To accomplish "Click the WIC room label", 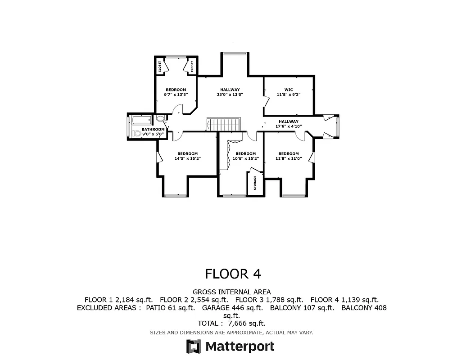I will pyautogui.click(x=289, y=90).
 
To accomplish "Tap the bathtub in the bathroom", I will pyautogui.click(x=141, y=120).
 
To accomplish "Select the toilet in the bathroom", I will pyautogui.click(x=137, y=134).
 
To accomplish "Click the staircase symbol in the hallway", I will pyautogui.click(x=224, y=125).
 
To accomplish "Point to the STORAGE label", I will pyautogui.click(x=255, y=183).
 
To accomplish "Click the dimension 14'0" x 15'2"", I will pyautogui.click(x=187, y=158).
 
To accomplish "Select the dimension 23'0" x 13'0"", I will pyautogui.click(x=230, y=94).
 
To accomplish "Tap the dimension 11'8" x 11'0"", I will pyautogui.click(x=288, y=158).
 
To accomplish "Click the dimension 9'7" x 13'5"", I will pyautogui.click(x=176, y=94).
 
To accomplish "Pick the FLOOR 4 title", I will pyautogui.click(x=233, y=274).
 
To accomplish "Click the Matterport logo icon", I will pyautogui.click(x=194, y=346).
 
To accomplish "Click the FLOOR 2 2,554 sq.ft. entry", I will pyautogui.click(x=194, y=300).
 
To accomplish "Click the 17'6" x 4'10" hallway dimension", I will pyautogui.click(x=288, y=126).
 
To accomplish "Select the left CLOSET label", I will pyautogui.click(x=160, y=67).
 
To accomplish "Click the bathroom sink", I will pyautogui.click(x=160, y=119).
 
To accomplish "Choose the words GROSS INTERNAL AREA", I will pyautogui.click(x=231, y=292).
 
